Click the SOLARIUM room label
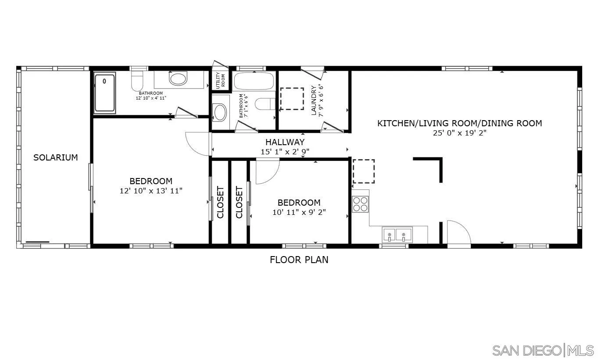(56, 157)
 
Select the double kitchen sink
(397, 235)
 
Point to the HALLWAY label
(285, 142)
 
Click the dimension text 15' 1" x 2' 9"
(285, 151)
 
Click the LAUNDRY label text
(314, 100)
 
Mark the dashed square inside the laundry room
(292, 99)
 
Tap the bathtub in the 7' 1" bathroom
(254, 81)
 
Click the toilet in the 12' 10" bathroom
(138, 80)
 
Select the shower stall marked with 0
(105, 93)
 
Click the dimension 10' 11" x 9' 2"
(299, 212)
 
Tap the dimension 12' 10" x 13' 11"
(150, 191)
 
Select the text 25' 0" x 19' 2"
(459, 133)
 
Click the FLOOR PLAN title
(299, 260)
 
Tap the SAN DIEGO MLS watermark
(543, 350)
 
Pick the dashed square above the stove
(364, 171)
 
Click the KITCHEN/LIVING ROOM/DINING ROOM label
(459, 123)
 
